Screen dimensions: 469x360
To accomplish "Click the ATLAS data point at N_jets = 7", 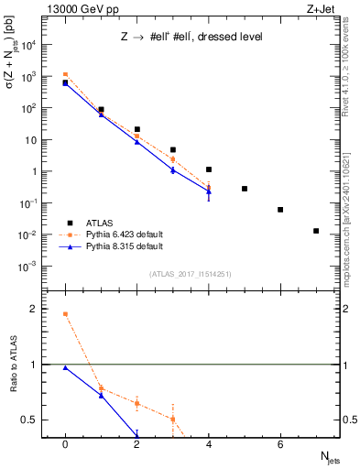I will tap(316, 231).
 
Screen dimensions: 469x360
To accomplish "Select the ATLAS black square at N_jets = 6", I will tap(280, 210).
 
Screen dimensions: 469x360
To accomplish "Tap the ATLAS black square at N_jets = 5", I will tap(245, 189).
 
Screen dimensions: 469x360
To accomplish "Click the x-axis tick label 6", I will tap(280, 444).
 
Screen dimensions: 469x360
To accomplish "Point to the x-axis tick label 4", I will tap(209, 444).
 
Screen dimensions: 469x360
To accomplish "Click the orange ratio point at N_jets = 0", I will tap(65, 314).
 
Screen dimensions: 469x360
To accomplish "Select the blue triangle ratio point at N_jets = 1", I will tap(101, 395).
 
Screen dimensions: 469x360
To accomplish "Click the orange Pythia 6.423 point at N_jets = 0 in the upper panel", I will tap(65, 74).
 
